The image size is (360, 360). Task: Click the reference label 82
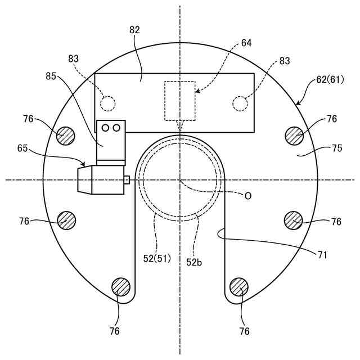tap(134, 30)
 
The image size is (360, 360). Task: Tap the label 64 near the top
tap(246, 43)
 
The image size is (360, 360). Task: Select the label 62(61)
tap(330, 80)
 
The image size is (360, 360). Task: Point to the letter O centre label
tap(248, 196)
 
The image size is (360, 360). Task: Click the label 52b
tap(194, 262)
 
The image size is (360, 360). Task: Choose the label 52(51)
tap(157, 259)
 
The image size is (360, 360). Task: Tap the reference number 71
tap(322, 255)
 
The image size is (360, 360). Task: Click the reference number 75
tap(337, 148)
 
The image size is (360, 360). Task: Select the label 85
tap(51, 76)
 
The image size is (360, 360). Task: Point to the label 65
tap(22, 148)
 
